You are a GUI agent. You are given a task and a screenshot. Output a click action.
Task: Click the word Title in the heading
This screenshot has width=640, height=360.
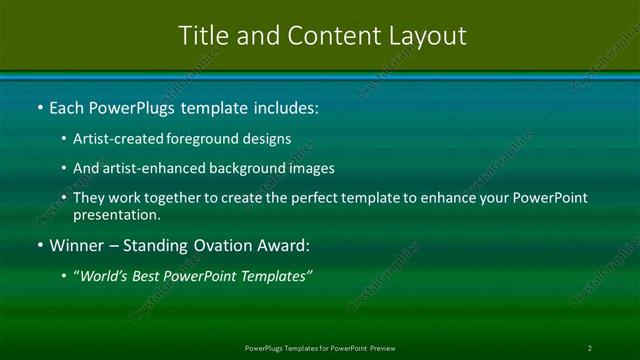click(202, 35)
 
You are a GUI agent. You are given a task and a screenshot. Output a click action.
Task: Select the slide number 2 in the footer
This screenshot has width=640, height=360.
click(589, 348)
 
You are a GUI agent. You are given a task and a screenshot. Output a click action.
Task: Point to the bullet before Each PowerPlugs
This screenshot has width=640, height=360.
click(39, 106)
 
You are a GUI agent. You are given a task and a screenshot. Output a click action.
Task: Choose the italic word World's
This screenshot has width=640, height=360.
click(104, 275)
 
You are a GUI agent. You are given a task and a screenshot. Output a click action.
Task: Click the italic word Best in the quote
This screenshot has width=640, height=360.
click(148, 275)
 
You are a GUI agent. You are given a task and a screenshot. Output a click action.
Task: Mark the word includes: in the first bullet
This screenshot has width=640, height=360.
click(283, 106)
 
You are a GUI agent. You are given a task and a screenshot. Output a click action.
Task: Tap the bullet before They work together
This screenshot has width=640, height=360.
click(65, 198)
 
